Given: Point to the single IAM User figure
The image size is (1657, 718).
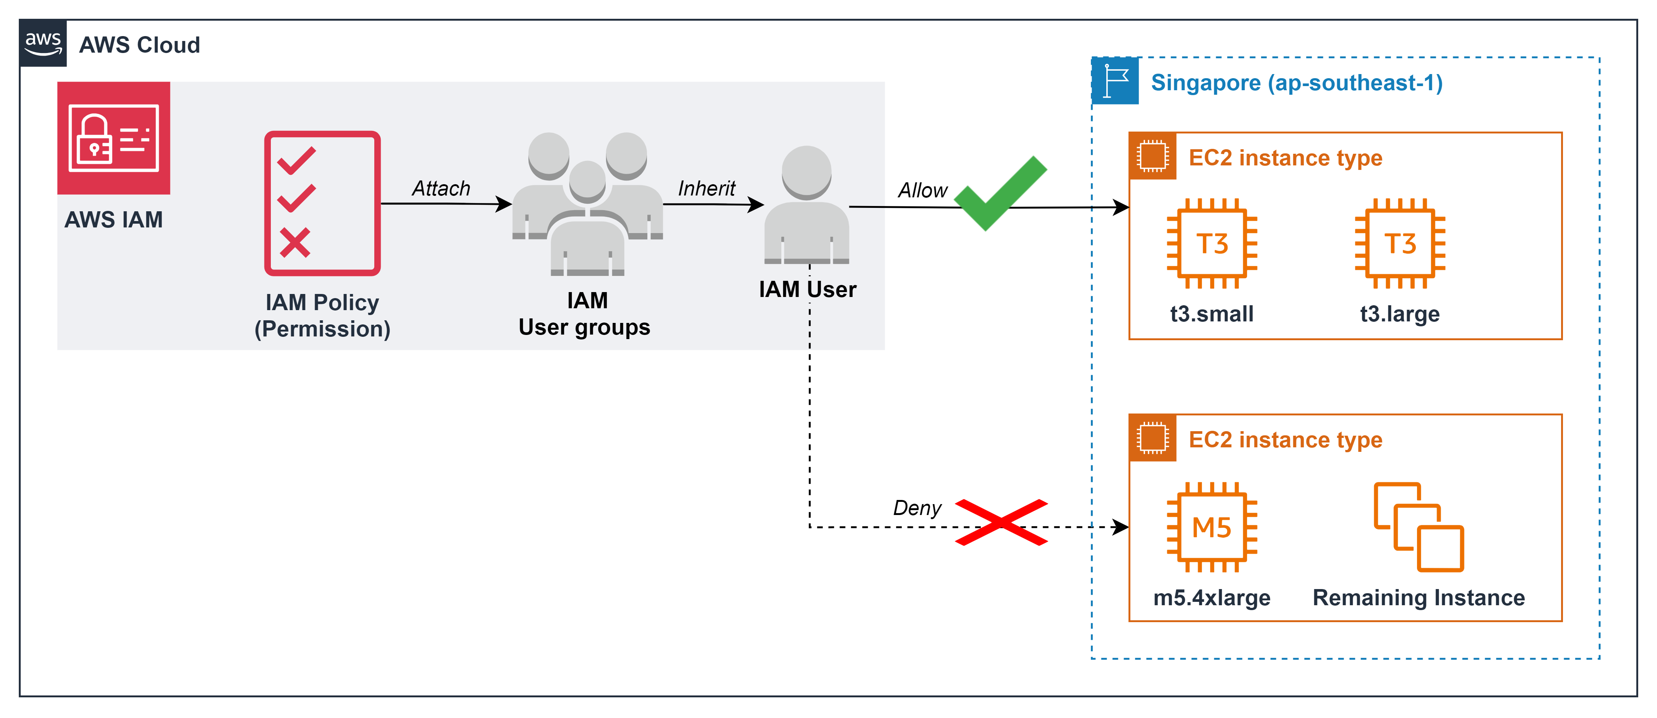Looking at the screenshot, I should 806,204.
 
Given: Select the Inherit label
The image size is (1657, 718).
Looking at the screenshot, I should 706,188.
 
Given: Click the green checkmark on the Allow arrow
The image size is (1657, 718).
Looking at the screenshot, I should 1000,193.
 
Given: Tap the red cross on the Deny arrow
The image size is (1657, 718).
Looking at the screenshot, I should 1001,522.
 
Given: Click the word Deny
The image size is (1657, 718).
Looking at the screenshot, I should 917,508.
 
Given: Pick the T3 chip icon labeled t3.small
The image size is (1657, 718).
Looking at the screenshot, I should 1212,244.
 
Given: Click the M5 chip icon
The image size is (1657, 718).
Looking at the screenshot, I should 1212,527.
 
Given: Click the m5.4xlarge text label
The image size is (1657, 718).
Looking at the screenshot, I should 1212,598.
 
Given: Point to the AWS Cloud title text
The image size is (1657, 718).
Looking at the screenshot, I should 140,45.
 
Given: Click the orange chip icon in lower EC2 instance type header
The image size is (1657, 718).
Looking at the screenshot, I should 1152,438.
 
